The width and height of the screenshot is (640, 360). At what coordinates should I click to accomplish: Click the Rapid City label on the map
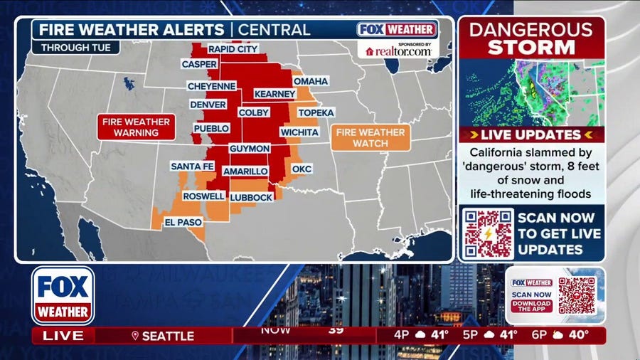point(233,49)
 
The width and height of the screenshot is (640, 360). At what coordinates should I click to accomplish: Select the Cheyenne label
point(211,85)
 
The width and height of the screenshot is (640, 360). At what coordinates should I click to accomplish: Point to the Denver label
point(208,105)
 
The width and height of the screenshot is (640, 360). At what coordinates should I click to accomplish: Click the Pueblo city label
point(211,129)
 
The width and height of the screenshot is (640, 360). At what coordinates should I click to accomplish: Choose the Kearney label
point(274,94)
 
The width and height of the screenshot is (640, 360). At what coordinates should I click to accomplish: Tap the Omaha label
point(311,81)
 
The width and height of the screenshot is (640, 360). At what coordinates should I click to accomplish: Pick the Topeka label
point(316,113)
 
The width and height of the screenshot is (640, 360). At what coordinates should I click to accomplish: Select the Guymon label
point(249,148)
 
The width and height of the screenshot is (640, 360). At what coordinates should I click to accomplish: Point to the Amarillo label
point(245,171)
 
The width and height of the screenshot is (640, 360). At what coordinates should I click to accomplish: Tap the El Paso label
point(179,222)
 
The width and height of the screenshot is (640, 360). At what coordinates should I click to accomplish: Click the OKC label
point(302,169)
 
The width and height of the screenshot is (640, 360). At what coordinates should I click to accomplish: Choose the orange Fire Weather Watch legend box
point(370,138)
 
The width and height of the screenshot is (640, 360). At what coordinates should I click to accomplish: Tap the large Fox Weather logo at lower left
point(63,295)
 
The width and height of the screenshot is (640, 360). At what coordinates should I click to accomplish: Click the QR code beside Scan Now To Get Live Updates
point(487,233)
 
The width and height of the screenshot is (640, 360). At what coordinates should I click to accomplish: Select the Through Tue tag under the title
point(75,48)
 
